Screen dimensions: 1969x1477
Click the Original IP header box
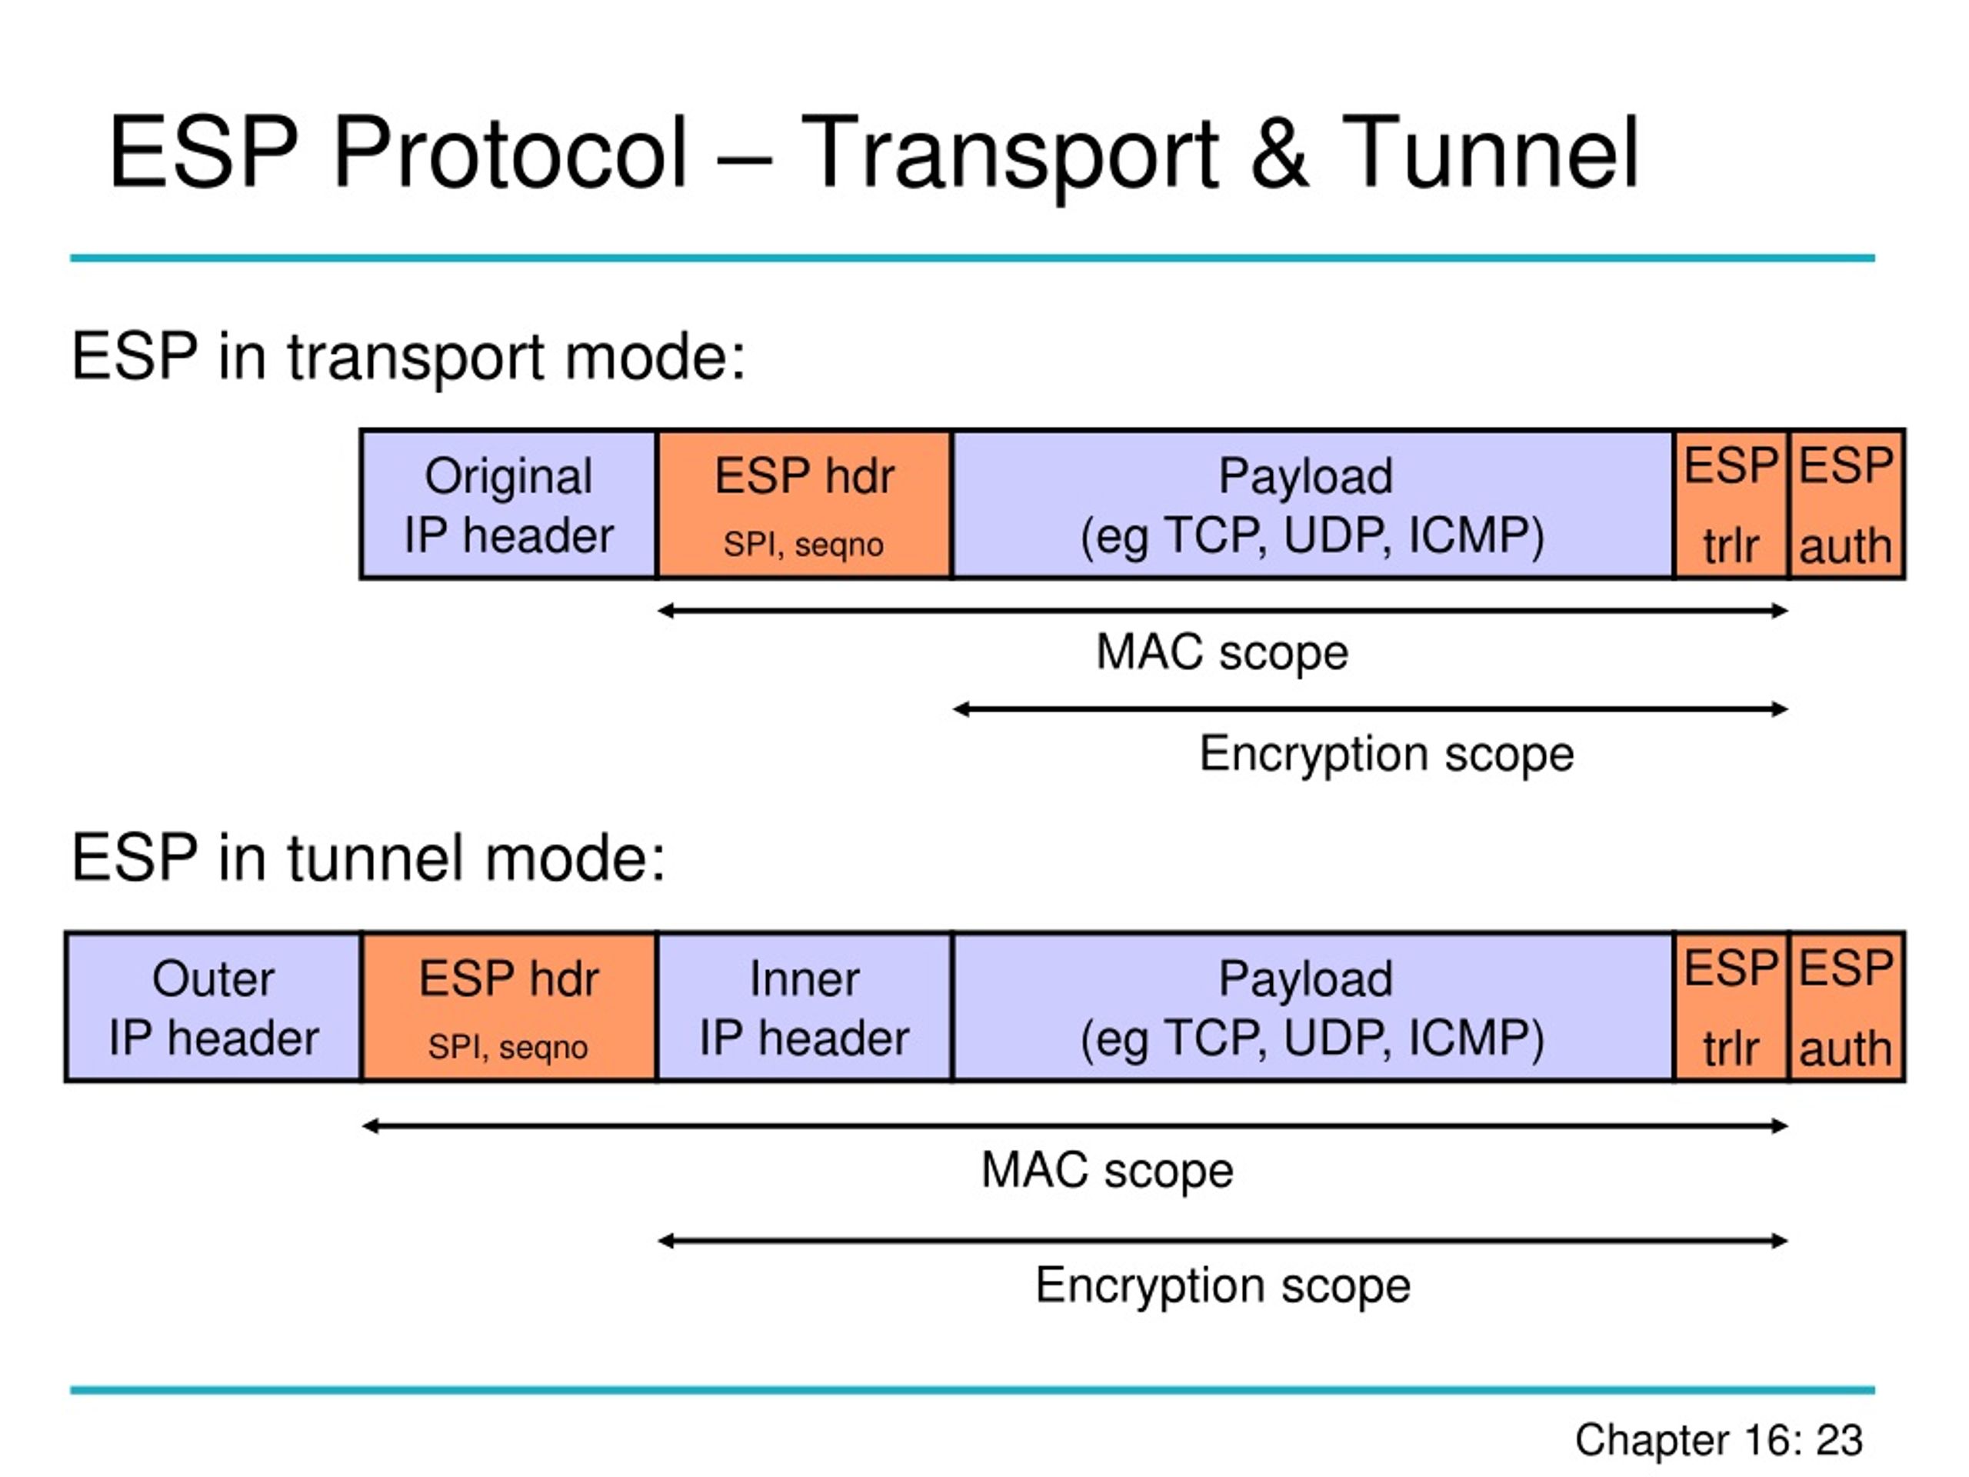pos(508,504)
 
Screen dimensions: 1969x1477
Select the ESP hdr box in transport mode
pos(804,504)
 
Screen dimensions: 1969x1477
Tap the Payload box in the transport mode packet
pos(1313,504)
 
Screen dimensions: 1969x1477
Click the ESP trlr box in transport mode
pos(1731,504)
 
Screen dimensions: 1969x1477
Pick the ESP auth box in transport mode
pos(1847,504)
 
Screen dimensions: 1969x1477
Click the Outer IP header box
pos(214,1007)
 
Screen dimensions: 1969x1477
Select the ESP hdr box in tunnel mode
pos(509,1007)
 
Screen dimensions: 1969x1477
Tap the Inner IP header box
pos(805,1007)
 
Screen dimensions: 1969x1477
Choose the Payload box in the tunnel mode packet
pos(1313,1007)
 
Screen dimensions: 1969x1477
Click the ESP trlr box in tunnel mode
pos(1731,1007)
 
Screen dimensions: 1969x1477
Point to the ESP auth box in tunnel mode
pos(1847,1007)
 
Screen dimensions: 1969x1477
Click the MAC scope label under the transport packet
pos(1222,653)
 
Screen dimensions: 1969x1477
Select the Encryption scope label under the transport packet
pos(1387,755)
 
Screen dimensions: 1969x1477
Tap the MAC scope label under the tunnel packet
pos(1108,1171)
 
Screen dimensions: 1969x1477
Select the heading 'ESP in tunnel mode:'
pos(368,859)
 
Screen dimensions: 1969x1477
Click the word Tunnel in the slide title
pos(1489,153)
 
